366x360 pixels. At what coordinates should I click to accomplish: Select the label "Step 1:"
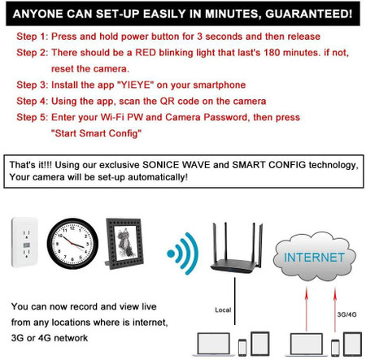pyautogui.click(x=35, y=38)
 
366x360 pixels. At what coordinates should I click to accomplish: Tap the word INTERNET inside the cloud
pyautogui.click(x=312, y=258)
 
